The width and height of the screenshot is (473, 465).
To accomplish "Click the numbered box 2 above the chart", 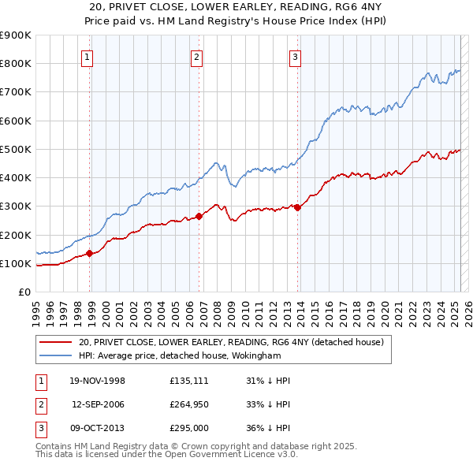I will click(196, 56).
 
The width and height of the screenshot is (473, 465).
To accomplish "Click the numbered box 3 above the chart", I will click(294, 56).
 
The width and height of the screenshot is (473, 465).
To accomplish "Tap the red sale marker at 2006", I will click(199, 216).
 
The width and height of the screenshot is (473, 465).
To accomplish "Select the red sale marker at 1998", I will click(90, 253).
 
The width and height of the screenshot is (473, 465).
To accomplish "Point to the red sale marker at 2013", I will click(297, 207).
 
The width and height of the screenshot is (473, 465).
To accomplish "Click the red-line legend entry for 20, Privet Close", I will click(231, 342).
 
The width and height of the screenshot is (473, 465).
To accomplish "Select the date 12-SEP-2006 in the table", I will click(99, 404).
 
